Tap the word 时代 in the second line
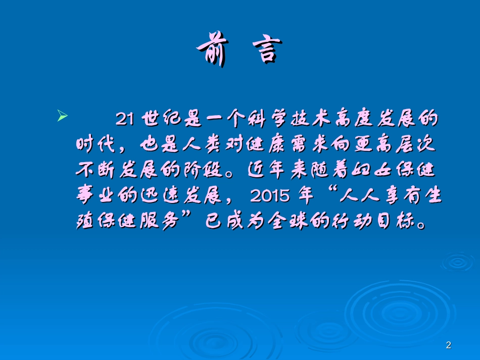(96, 145)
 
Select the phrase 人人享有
(375, 196)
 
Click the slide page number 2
(449, 345)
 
